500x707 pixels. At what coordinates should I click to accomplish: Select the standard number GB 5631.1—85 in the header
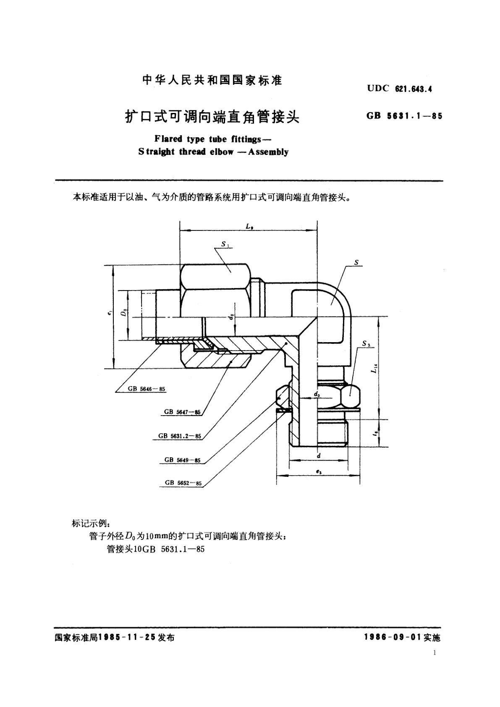[x=404, y=116]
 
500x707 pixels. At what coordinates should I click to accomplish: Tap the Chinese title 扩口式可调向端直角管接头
[x=212, y=116]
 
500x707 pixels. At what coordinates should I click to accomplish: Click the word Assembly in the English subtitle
[x=268, y=152]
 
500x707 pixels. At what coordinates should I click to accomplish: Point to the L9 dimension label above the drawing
[x=249, y=226]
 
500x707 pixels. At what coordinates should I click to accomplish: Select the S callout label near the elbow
[x=356, y=263]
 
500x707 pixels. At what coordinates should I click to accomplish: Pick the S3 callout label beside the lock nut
[x=365, y=344]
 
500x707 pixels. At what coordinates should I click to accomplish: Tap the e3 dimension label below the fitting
[x=318, y=472]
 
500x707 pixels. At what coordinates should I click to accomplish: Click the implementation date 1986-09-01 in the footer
[x=393, y=637]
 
